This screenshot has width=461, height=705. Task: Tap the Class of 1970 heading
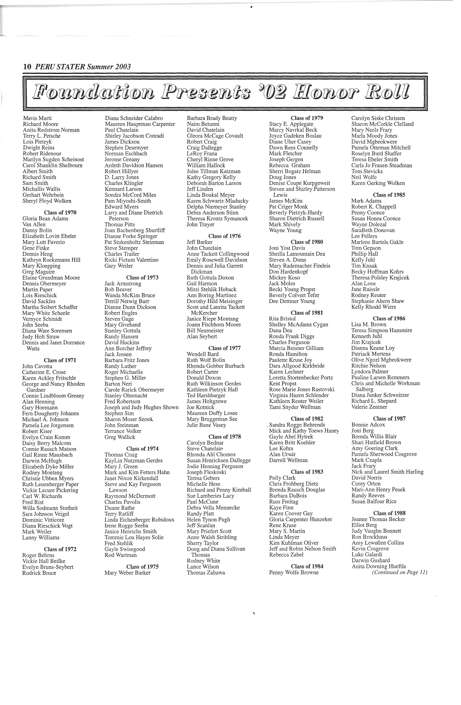point(60,213)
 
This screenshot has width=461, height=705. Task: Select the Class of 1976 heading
point(225,236)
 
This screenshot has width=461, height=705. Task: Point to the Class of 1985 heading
point(389,195)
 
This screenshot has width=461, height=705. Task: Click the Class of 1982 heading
point(307,419)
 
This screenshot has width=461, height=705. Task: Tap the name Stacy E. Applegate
point(291,124)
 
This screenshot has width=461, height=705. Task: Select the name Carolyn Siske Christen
point(378,118)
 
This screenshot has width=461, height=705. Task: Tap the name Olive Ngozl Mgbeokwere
point(381,360)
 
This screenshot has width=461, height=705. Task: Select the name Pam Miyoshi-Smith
point(128,201)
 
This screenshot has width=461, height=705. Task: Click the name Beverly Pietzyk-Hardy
point(295,213)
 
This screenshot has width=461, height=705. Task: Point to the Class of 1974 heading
point(142,449)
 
